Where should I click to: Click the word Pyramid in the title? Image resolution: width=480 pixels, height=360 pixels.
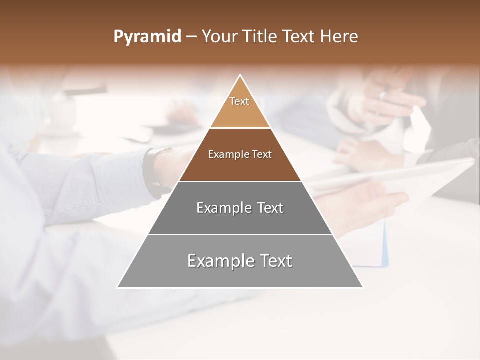[147, 37]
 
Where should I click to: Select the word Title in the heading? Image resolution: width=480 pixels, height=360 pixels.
[260, 37]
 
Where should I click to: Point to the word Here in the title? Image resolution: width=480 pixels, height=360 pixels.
[339, 37]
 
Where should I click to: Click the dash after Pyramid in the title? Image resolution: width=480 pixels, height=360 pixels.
[191, 37]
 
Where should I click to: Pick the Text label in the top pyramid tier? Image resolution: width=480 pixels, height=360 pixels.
[239, 101]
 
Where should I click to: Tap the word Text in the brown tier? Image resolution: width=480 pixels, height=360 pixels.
[262, 154]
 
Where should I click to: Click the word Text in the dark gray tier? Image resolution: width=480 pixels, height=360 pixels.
[270, 208]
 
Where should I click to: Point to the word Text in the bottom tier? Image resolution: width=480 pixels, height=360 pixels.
[276, 261]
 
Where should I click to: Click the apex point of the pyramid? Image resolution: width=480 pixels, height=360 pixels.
[240, 75]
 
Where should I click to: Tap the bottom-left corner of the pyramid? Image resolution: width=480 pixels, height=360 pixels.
[117, 287]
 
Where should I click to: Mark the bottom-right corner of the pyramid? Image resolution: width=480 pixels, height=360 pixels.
[363, 287]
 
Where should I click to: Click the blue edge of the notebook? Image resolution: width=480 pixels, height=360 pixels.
[385, 245]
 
